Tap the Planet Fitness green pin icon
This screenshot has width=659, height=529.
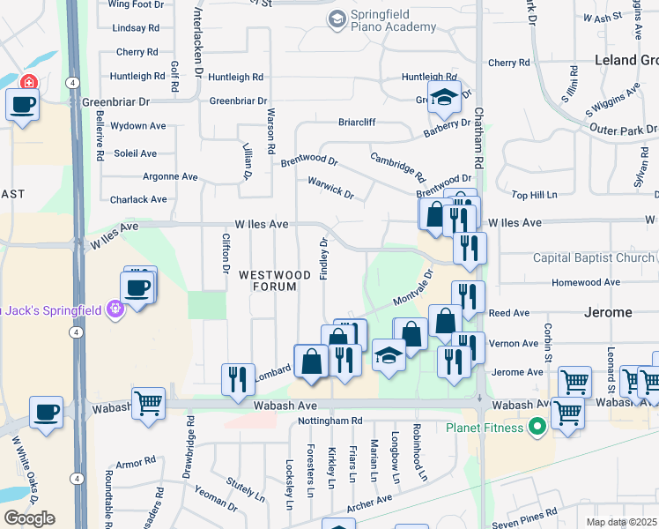tap(536, 428)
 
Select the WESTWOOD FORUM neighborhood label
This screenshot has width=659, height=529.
tap(275, 279)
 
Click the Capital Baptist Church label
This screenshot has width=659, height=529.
tap(593, 258)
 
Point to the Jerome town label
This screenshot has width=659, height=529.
tap(608, 312)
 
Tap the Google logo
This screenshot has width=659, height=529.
tap(29, 518)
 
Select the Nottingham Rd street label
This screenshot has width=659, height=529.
tap(331, 421)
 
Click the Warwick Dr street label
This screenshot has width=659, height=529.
tap(330, 188)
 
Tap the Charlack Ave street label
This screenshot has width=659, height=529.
tap(138, 199)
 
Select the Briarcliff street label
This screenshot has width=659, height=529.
tap(357, 123)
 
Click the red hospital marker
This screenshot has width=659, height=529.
tap(28, 82)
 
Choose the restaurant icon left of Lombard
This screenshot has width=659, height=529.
tap(238, 378)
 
